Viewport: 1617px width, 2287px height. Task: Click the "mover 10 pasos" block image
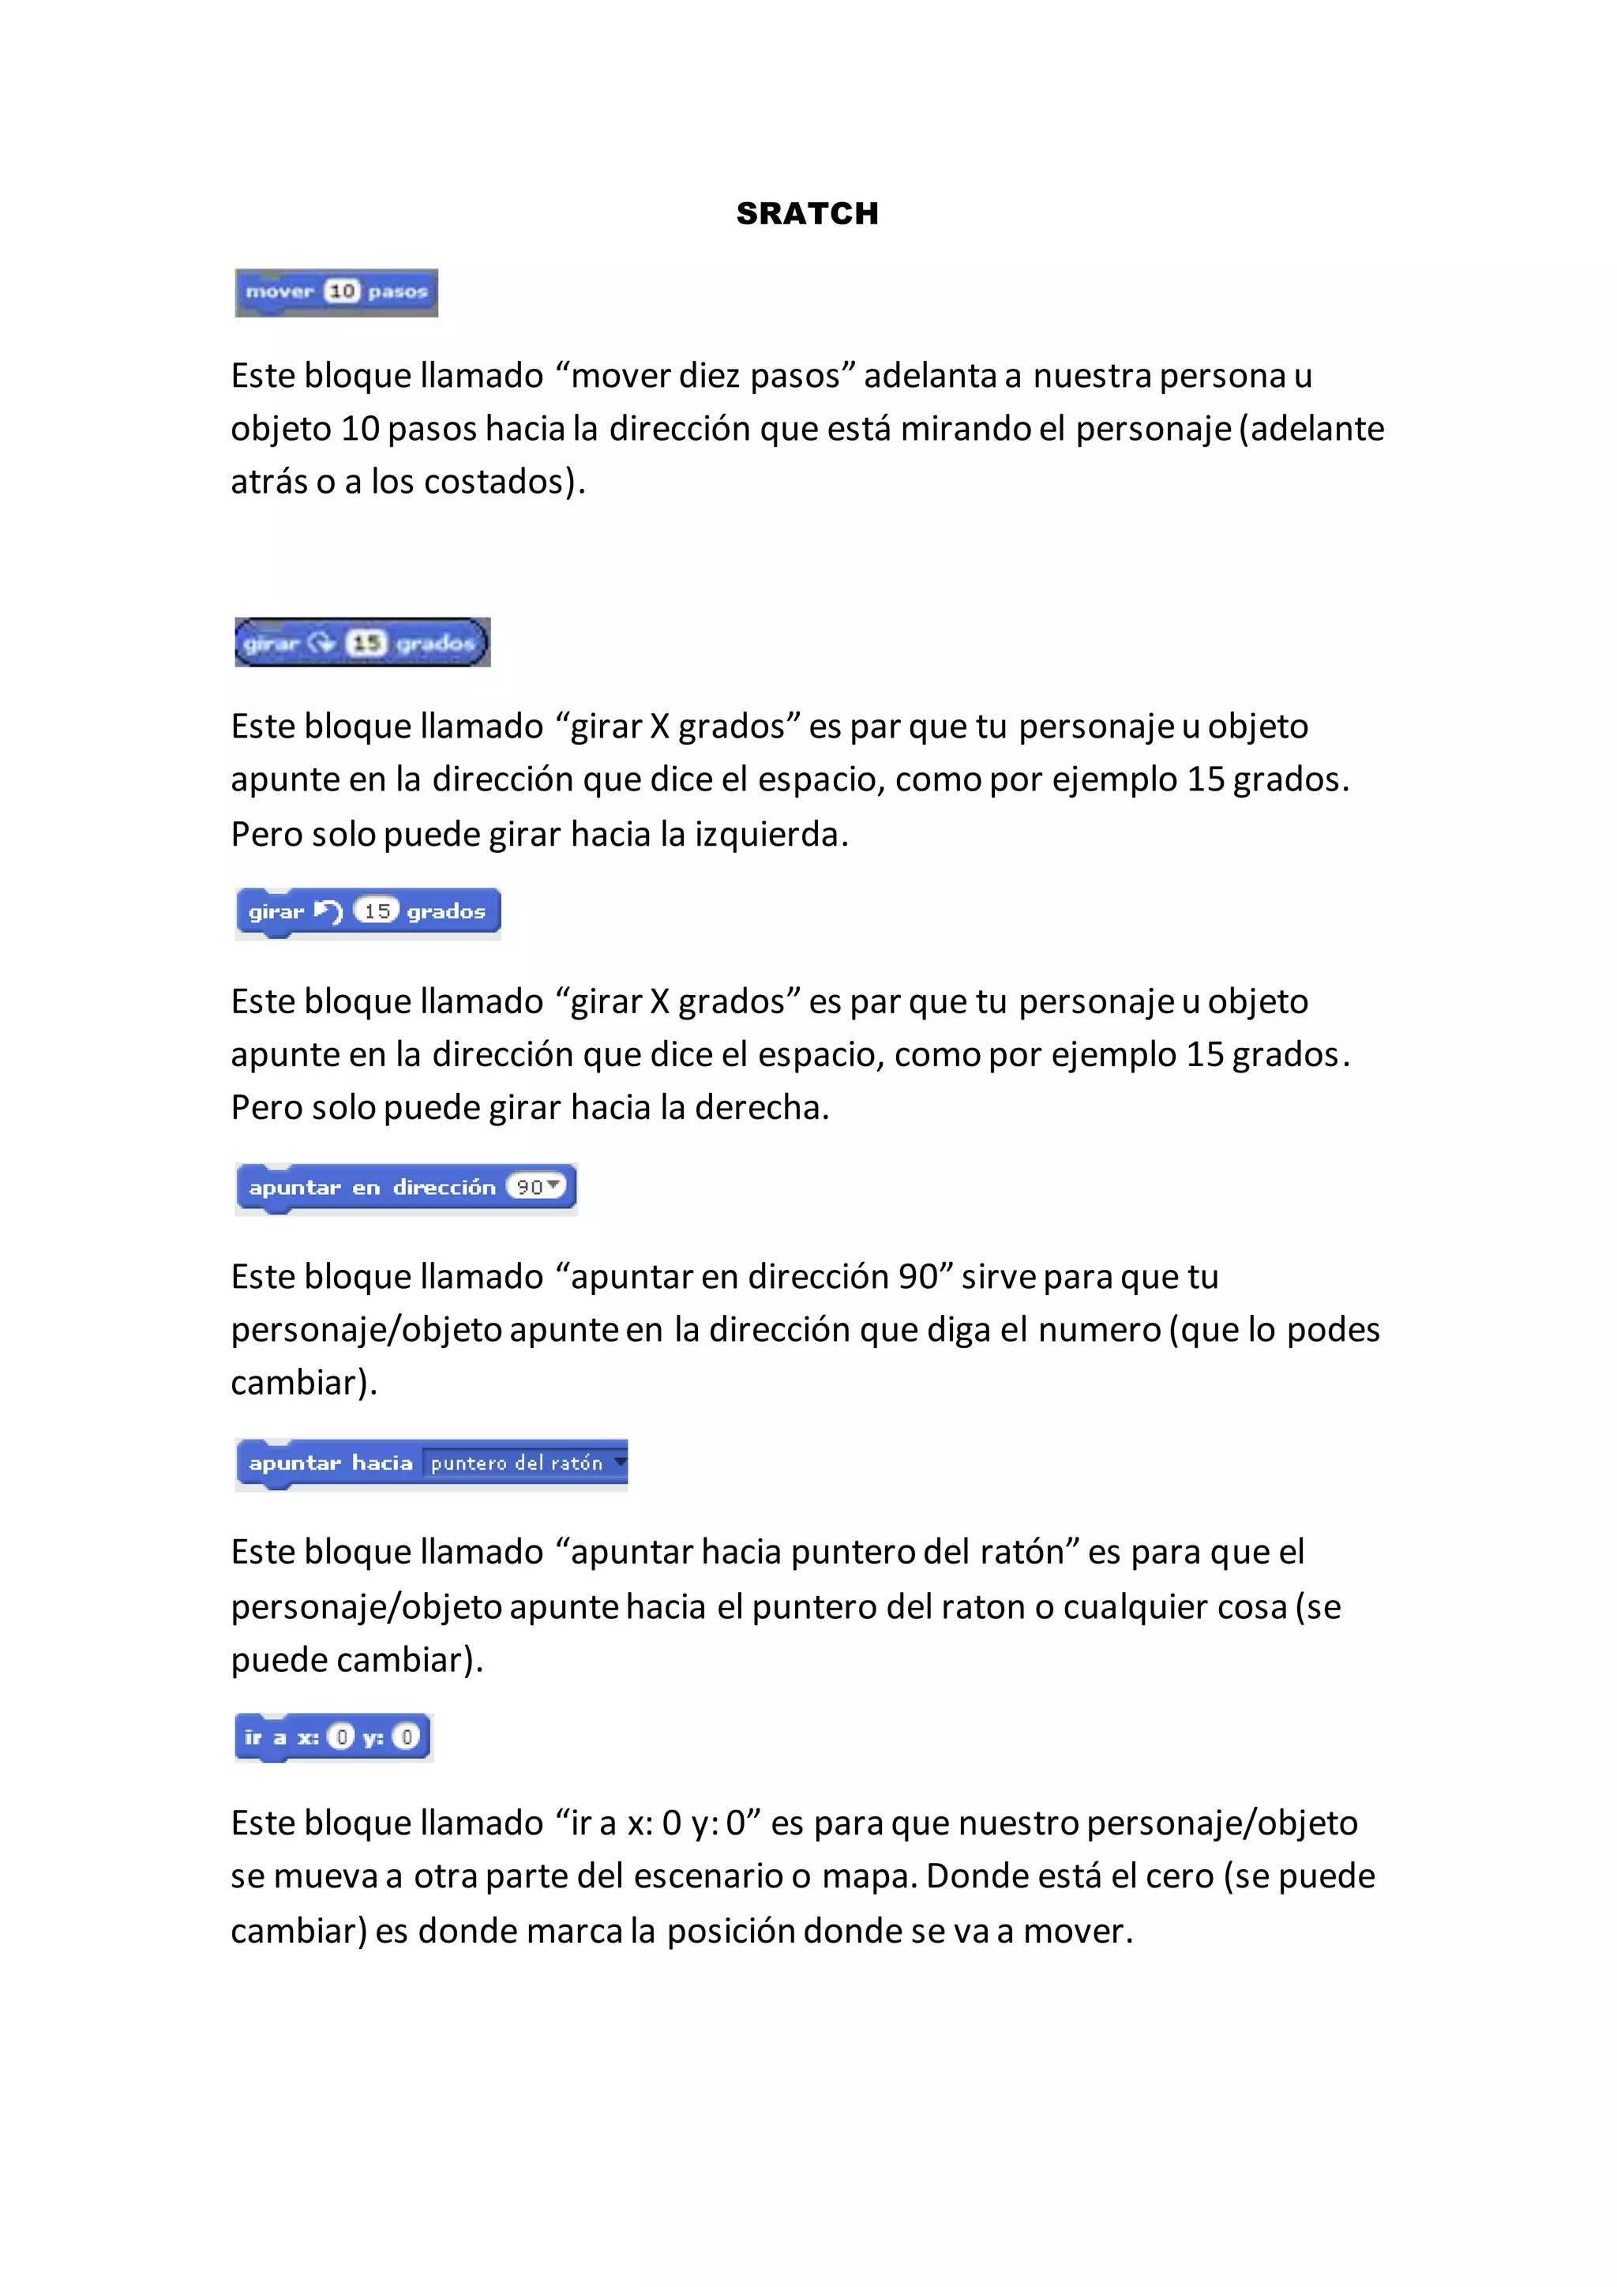pyautogui.click(x=336, y=292)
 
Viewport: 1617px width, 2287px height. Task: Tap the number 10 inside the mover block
pyautogui.click(x=342, y=291)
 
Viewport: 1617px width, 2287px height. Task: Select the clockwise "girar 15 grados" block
pyautogui.click(x=362, y=643)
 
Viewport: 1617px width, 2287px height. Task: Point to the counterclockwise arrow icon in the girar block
pyautogui.click(x=328, y=911)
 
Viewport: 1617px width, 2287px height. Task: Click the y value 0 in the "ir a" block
pyautogui.click(x=407, y=1737)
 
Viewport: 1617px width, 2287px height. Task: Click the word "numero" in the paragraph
pyautogui.click(x=1099, y=1330)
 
